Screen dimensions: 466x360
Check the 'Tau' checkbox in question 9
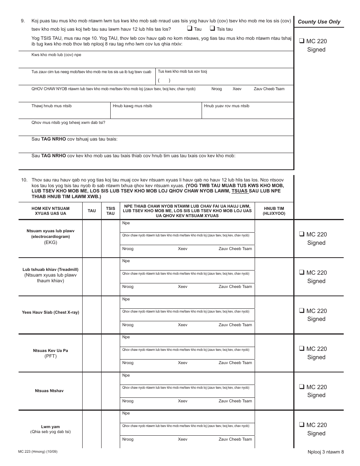(189, 29)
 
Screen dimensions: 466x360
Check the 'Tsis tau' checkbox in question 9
(212, 29)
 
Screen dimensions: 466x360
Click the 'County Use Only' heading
(319, 22)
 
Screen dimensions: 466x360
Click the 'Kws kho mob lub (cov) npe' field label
(56, 55)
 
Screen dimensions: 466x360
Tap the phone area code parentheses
(164, 80)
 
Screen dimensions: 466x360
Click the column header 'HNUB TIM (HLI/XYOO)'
(274, 211)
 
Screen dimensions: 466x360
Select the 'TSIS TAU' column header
(110, 211)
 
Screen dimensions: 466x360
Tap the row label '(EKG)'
(50, 242)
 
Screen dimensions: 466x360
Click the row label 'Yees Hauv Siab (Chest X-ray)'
(50, 313)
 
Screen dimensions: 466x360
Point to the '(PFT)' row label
(50, 357)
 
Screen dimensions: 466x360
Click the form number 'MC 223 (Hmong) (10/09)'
(38, 452)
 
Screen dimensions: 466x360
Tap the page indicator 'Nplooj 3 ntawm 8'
(326, 452)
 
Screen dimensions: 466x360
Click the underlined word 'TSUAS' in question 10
(240, 191)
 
